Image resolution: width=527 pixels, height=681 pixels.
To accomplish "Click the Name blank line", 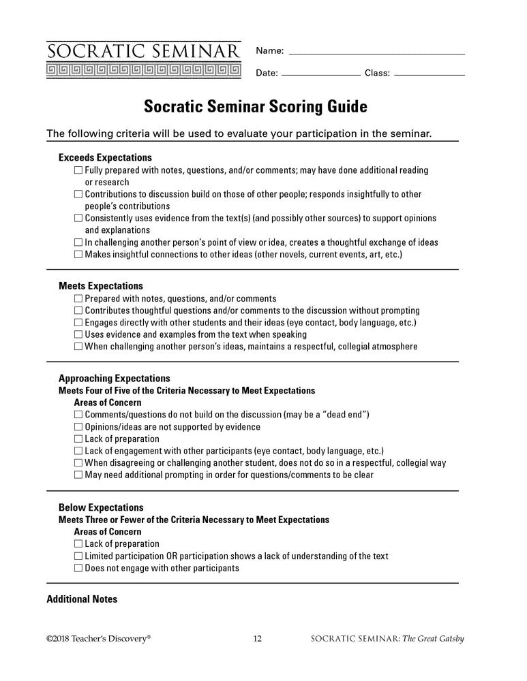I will (x=376, y=53).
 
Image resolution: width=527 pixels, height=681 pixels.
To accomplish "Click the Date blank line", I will (x=320, y=74).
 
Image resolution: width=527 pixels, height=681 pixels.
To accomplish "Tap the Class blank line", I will (x=430, y=74).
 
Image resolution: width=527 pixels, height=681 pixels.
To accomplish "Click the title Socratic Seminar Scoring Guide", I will (x=255, y=107).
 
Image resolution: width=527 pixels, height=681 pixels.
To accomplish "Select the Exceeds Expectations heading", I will (x=105, y=157).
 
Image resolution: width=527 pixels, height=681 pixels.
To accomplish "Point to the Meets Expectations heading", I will (x=101, y=286).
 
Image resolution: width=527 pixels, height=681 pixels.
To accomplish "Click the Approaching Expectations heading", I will (x=114, y=379).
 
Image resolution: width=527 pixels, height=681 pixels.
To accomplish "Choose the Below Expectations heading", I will (x=101, y=507).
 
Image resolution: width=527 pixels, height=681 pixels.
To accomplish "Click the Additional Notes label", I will (x=82, y=599).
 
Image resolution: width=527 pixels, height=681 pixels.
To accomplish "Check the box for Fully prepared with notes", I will (x=78, y=170).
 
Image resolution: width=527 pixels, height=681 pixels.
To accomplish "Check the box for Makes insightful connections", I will (x=78, y=255).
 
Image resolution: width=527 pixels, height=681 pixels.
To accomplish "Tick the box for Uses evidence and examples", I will (x=78, y=334).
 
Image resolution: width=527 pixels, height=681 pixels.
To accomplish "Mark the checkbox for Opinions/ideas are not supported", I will (x=78, y=427).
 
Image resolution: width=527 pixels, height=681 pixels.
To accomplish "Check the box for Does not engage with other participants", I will (x=78, y=568).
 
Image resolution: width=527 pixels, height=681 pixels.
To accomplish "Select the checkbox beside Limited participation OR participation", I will (x=78, y=556).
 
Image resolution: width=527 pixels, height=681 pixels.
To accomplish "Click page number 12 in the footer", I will (x=257, y=639).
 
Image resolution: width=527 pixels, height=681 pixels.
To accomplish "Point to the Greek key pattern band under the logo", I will (x=143, y=69).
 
